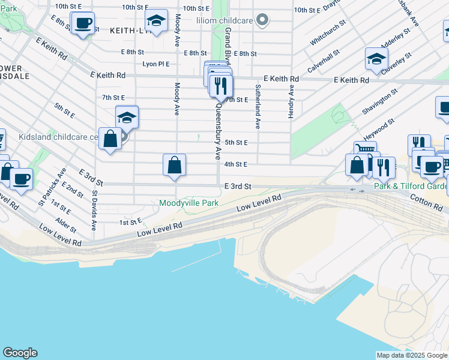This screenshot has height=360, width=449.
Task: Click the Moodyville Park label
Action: click(188, 203)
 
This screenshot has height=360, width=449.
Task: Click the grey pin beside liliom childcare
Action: click(261, 20)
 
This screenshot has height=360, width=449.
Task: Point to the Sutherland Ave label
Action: click(258, 107)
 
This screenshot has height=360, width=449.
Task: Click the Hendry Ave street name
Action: click(291, 101)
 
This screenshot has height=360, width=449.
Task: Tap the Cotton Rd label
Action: click(426, 202)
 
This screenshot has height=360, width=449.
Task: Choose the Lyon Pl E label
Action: click(155, 64)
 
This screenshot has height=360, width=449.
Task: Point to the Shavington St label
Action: click(380, 103)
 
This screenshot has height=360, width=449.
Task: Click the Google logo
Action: click(20, 353)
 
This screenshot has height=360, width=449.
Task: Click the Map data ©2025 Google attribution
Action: click(412, 355)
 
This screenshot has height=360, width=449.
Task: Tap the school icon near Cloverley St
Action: click(376, 59)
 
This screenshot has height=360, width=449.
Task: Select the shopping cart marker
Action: click(365, 150)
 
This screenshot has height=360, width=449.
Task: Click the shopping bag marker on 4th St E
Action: click(174, 165)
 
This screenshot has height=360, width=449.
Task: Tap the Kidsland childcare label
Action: click(58, 137)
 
